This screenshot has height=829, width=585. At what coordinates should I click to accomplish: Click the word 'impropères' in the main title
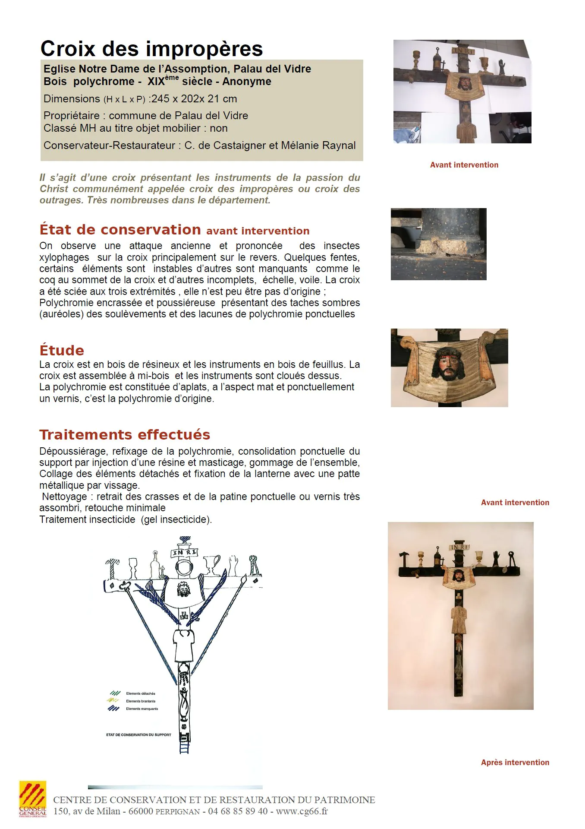point(204,49)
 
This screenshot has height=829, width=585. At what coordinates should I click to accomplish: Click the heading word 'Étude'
point(62,350)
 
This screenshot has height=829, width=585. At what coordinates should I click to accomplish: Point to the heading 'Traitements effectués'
point(125,434)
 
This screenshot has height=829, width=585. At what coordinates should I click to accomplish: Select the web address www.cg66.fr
point(302,811)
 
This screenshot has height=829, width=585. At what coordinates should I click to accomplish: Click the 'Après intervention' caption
point(515,763)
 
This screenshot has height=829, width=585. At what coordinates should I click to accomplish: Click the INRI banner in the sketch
point(185,552)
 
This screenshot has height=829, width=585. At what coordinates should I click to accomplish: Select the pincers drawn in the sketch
point(255,566)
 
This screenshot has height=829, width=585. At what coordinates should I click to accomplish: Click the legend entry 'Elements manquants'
point(142,709)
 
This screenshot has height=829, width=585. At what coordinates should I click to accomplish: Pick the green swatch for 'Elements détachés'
point(114,693)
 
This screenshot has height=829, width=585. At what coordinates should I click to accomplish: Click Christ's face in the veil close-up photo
point(449,365)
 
